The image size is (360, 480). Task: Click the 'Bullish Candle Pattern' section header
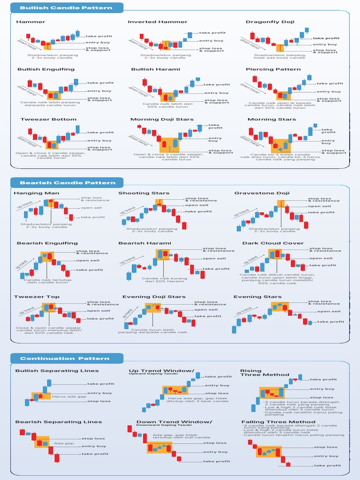click(x=66, y=8)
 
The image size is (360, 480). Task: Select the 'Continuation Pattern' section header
click(x=65, y=359)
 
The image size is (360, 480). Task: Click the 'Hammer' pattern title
click(x=30, y=22)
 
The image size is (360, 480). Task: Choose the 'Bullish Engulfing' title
click(x=46, y=69)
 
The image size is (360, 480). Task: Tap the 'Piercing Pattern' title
click(x=267, y=69)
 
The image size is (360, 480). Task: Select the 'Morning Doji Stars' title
click(x=162, y=120)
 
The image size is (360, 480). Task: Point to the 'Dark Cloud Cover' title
click(x=266, y=243)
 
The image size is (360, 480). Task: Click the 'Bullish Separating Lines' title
click(x=57, y=371)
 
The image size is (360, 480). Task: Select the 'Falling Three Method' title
click(x=272, y=422)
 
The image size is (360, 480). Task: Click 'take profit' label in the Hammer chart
click(x=98, y=36)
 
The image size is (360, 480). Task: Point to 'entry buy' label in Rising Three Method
click(x=322, y=389)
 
